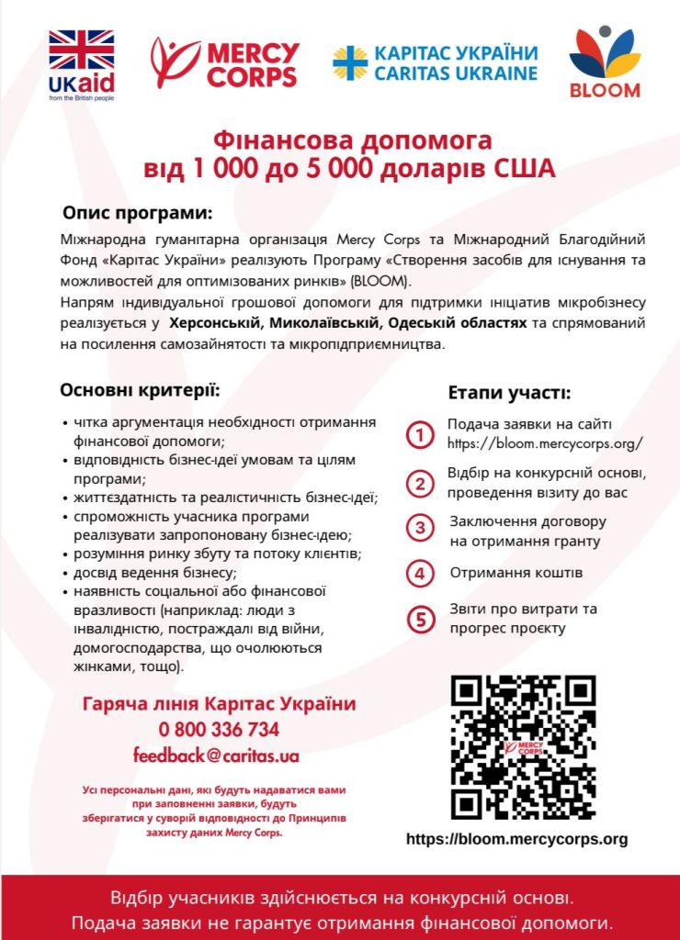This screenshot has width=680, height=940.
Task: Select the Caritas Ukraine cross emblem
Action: tap(349, 62)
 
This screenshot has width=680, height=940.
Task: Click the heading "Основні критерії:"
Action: tap(141, 390)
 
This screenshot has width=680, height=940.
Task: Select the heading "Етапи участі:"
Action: tap(509, 393)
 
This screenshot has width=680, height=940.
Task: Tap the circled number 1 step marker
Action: tap(420, 434)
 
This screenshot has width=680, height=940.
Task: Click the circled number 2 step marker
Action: tap(420, 483)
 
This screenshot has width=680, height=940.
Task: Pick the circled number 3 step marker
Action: tap(420, 528)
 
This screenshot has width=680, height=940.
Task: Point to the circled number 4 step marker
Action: tap(420, 574)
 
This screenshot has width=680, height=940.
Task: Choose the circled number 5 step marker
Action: tap(420, 620)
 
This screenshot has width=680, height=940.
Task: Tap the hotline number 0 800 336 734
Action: tap(219, 730)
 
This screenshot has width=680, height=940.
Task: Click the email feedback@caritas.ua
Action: tap(216, 756)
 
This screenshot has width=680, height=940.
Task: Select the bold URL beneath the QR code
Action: tap(516, 839)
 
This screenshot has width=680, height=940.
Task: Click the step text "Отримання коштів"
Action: tap(516, 573)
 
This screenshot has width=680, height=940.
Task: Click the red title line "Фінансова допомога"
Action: tap(353, 141)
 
